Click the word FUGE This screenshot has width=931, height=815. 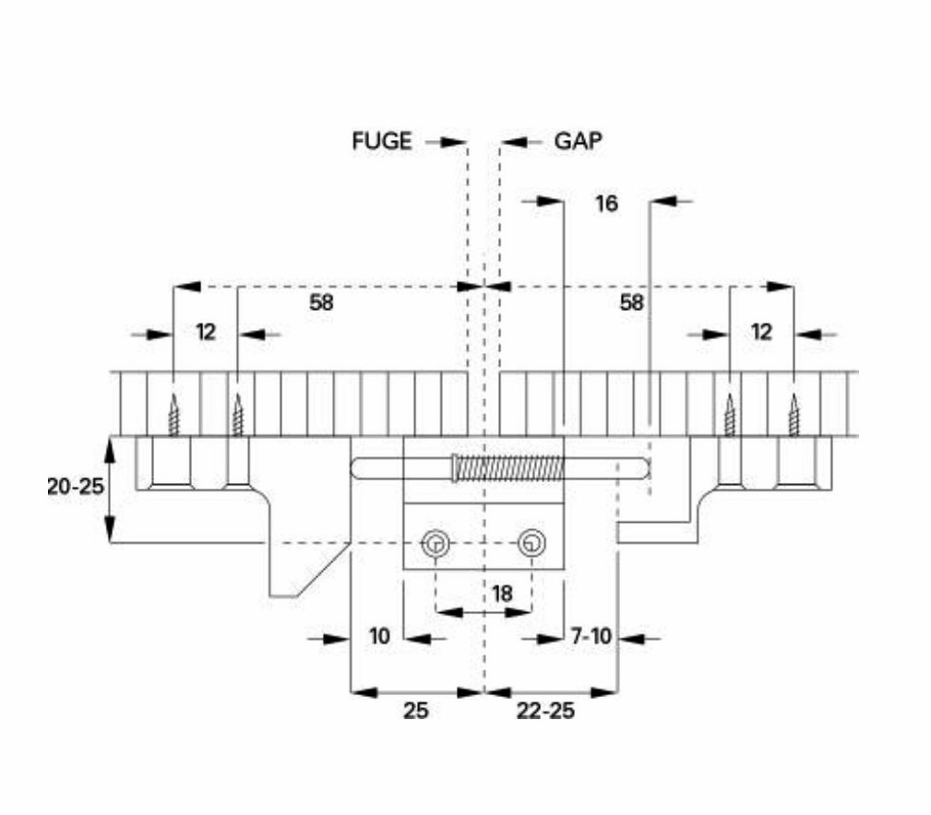tap(381, 141)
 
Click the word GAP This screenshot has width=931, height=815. tap(578, 141)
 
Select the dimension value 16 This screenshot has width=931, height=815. tap(606, 204)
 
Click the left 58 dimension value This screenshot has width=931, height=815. tap(321, 302)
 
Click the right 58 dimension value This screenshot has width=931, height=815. tap(631, 302)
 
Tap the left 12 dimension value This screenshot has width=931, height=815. tap(206, 332)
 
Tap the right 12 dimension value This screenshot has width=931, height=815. tap(761, 332)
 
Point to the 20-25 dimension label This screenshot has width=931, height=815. tap(76, 487)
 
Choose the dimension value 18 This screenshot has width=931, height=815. tap(502, 593)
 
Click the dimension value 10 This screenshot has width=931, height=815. tap(379, 636)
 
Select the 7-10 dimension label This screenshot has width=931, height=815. tap(591, 636)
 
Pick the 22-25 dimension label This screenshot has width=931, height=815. tap(545, 711)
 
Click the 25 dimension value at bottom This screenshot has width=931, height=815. tap(415, 711)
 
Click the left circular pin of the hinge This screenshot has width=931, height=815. tap(436, 543)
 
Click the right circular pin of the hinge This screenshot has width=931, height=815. tap(531, 543)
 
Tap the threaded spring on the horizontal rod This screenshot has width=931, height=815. tap(507, 468)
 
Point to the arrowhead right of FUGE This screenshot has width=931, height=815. tap(454, 142)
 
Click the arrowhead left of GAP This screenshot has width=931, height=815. tap(514, 142)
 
